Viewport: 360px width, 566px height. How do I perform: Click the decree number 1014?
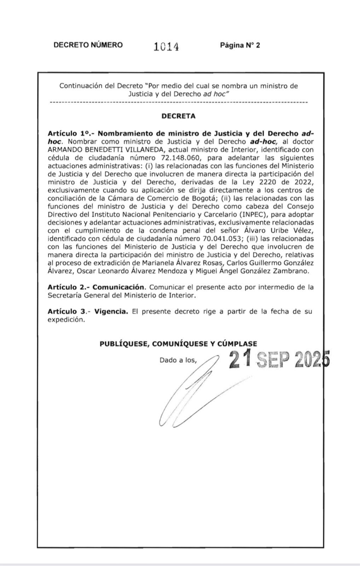tap(166, 46)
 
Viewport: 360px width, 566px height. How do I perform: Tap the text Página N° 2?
tap(240, 45)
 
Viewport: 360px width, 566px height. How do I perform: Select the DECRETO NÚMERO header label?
tap(88, 45)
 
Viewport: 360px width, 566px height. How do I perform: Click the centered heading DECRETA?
tap(178, 116)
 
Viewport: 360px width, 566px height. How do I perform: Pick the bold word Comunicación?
tap(118, 287)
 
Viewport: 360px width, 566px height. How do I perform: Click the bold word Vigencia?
tap(111, 311)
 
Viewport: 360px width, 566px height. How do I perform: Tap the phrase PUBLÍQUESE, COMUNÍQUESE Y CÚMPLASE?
tap(178, 343)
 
